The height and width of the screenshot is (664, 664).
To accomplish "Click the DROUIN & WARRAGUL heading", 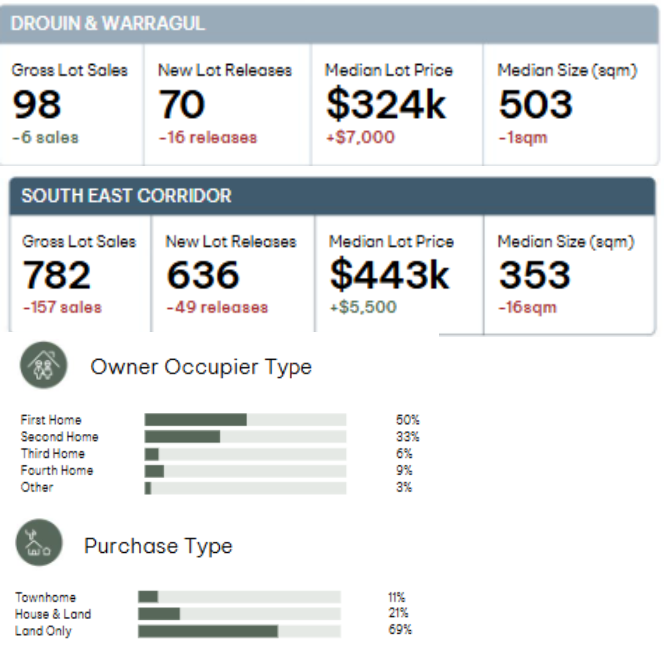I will (x=107, y=23).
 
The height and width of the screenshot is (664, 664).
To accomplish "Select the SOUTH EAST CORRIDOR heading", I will (x=126, y=196).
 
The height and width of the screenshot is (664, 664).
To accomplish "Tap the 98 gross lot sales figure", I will (x=37, y=105).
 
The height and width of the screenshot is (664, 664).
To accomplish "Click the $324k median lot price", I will (x=386, y=105).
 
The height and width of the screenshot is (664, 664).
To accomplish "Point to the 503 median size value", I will (x=536, y=105).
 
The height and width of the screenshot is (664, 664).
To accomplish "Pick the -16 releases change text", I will (x=208, y=137).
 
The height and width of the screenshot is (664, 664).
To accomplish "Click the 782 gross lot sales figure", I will (x=56, y=275).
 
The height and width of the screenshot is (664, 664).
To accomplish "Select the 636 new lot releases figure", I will (x=203, y=275).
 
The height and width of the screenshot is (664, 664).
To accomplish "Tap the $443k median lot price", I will (x=390, y=275).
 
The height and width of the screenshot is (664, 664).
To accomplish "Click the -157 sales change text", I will (x=63, y=307).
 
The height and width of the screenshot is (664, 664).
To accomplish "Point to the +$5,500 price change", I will (x=363, y=307).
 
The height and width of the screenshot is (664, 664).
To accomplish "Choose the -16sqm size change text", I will (x=527, y=307).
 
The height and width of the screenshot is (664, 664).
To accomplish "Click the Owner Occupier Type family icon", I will (x=44, y=365).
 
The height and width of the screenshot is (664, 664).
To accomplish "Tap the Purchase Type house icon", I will (x=39, y=542).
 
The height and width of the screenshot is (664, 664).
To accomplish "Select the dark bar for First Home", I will (x=195, y=420).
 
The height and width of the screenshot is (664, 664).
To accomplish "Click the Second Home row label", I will (x=59, y=437).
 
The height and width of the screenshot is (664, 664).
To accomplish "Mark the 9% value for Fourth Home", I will (x=404, y=470).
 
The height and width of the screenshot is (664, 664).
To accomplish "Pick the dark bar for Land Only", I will (x=207, y=631).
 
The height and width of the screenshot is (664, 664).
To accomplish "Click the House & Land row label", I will (x=53, y=614).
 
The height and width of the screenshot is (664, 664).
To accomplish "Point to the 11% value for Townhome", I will (x=396, y=598).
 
